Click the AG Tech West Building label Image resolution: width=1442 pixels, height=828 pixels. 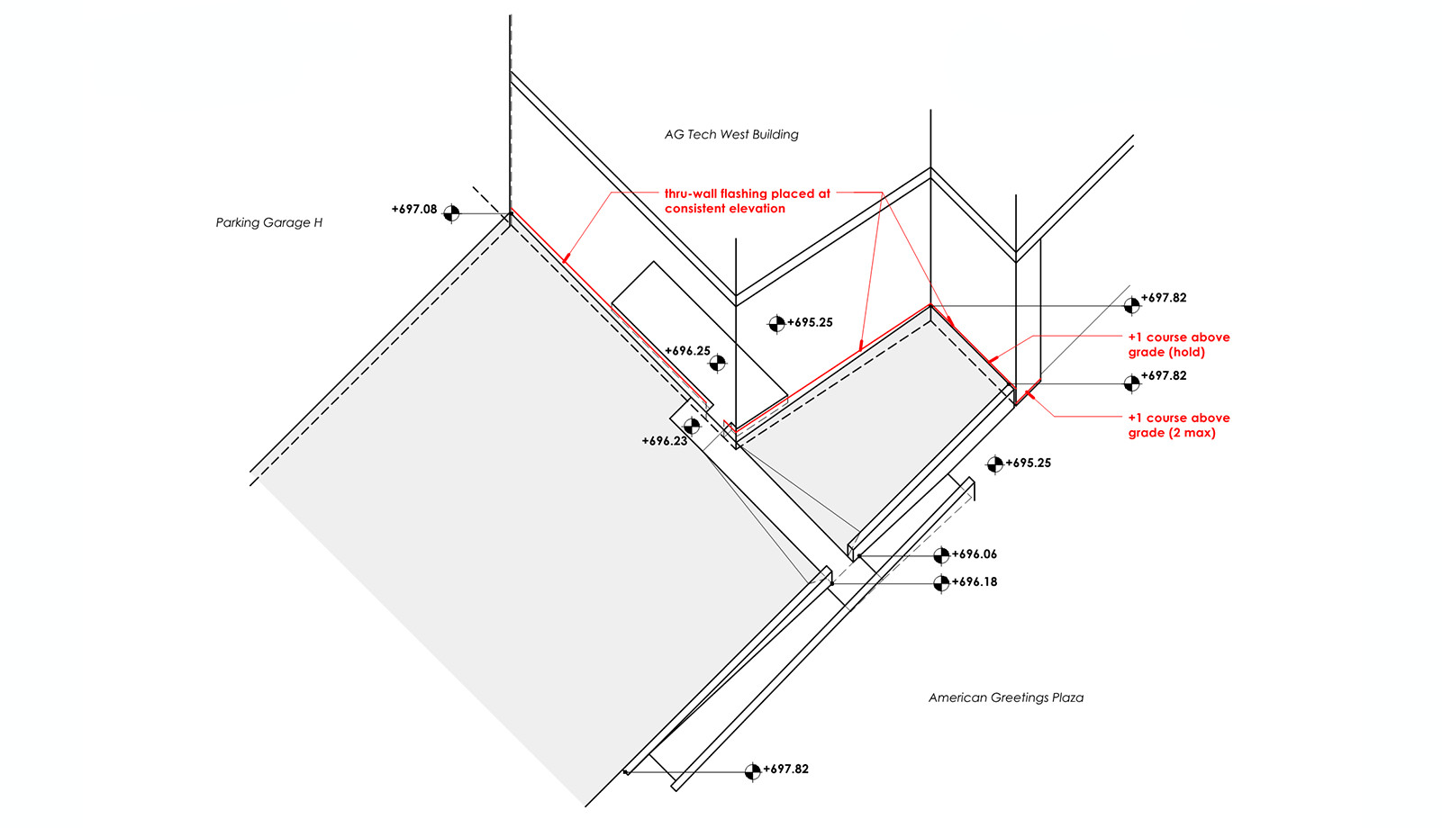(x=731, y=135)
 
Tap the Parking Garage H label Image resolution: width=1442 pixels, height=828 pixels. (x=268, y=222)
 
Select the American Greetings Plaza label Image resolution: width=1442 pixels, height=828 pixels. (x=1005, y=697)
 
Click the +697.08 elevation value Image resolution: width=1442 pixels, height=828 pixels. (x=414, y=209)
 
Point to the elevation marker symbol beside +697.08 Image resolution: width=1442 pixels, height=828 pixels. (x=451, y=213)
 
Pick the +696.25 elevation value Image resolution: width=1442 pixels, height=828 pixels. (x=688, y=351)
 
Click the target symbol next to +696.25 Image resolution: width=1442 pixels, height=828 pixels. (x=718, y=363)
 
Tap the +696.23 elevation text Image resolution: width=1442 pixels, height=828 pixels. (x=665, y=441)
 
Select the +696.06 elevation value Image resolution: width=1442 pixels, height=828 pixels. (x=975, y=554)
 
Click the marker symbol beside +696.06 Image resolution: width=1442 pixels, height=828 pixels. (x=941, y=555)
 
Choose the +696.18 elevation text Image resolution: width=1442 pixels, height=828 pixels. (x=975, y=582)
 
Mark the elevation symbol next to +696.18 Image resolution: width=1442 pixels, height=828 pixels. (x=941, y=583)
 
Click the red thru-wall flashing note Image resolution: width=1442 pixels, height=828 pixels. (x=747, y=201)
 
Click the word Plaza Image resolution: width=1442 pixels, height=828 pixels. (x=1067, y=697)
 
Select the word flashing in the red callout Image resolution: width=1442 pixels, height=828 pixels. (x=743, y=193)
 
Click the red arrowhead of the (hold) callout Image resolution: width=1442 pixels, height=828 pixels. (x=991, y=361)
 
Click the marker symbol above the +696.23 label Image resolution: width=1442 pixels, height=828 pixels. (x=692, y=426)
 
